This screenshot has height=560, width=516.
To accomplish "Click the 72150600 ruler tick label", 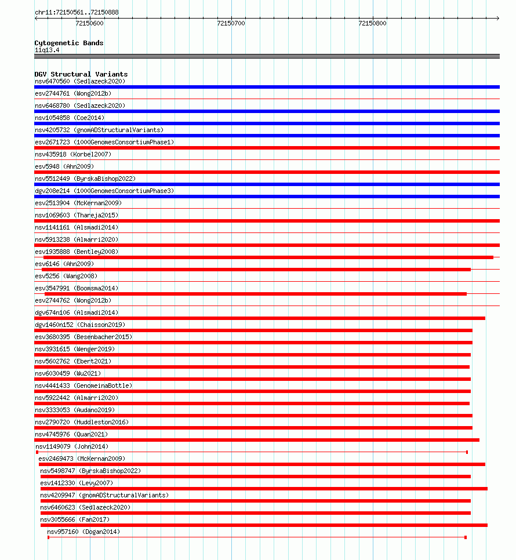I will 90,23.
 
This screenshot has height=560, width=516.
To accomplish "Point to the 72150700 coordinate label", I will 231,23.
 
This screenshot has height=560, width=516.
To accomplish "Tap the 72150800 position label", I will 372,23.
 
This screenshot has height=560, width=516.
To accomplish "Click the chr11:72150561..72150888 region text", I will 77,12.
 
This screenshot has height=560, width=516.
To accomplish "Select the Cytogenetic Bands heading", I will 68,43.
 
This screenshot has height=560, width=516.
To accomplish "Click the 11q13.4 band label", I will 47,50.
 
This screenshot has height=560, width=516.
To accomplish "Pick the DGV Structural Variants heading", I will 81,74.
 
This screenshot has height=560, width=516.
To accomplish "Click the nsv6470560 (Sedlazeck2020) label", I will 80,81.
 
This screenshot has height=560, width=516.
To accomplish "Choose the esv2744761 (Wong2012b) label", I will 73,93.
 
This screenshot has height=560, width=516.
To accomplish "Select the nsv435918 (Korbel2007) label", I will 73,154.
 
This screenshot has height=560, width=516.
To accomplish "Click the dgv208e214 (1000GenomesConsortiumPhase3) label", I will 104,191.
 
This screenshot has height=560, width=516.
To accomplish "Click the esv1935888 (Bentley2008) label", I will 77,252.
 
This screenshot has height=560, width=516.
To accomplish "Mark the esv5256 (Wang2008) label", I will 66,276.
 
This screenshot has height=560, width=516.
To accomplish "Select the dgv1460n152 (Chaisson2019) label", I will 80,325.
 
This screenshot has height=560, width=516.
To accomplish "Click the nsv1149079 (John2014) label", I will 72,446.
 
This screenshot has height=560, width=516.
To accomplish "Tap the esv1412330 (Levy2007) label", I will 77,483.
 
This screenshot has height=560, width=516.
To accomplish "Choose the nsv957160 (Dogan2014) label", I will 83,532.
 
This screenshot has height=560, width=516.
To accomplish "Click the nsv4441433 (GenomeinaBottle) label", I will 83,386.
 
